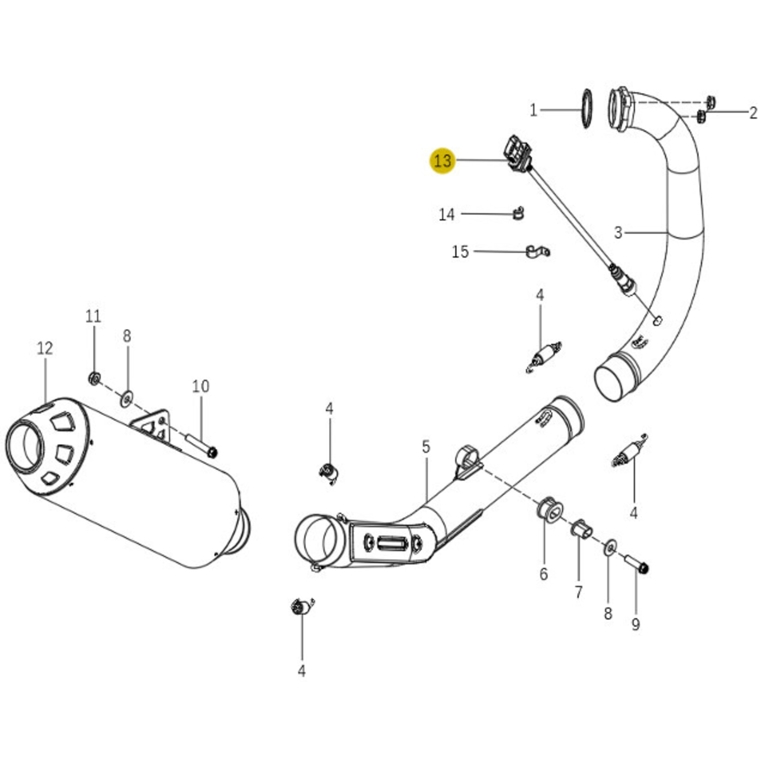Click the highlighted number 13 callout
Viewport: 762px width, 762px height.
(442, 161)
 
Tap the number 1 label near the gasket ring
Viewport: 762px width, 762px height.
(534, 111)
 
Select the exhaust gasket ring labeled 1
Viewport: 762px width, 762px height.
(586, 109)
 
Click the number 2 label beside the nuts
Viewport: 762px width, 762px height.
(753, 113)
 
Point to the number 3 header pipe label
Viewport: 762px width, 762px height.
(619, 232)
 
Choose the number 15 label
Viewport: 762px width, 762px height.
(460, 252)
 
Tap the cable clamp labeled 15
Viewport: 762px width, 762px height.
(537, 251)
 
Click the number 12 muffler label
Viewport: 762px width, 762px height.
(45, 348)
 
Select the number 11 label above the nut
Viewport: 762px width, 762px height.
(93, 316)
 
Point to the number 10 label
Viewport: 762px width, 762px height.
(201, 386)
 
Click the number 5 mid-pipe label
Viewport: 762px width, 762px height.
(426, 446)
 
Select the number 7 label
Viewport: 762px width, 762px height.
(579, 592)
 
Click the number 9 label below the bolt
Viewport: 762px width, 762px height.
(636, 625)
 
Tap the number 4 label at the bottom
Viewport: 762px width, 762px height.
(302, 671)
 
